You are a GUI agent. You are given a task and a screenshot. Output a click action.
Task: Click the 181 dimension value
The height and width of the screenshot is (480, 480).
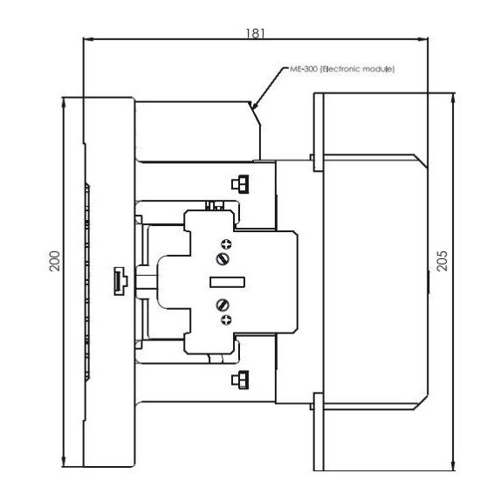coord(256,33)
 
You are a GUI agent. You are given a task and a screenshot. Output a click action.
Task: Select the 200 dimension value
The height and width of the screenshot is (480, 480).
coord(55,261)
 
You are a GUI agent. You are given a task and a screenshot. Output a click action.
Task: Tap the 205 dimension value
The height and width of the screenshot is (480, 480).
coord(442,261)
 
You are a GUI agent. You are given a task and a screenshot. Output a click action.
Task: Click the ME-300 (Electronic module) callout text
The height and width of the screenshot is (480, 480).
coord(342,69)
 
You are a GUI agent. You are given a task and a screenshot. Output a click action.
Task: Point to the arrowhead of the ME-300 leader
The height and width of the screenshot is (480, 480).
coord(254,106)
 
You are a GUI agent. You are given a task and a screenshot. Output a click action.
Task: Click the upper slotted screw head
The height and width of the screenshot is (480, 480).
coord(223,259)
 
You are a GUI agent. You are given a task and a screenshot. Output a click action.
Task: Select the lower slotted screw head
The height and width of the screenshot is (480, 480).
coord(223,305)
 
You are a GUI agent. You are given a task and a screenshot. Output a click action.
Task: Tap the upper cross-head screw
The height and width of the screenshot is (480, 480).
coord(226,244)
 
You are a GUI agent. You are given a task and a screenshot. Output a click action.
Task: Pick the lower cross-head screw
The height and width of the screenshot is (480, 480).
coord(226,320)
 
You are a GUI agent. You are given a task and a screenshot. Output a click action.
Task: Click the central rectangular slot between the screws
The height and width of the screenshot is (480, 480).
coord(227,282)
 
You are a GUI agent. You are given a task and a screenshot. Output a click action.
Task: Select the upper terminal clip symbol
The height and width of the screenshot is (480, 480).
coord(240,184)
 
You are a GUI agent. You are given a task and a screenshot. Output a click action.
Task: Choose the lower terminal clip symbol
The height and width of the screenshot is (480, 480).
coord(240,380)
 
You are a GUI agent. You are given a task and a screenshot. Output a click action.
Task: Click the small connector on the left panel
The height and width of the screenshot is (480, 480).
coord(120,281)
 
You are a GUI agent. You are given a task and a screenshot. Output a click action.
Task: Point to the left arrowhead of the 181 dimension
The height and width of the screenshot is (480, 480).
coord(88,39)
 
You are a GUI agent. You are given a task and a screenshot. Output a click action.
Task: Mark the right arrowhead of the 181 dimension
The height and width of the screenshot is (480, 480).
coord(422,39)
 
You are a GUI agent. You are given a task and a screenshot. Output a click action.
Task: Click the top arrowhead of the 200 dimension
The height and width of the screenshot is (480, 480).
coord(64,103)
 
